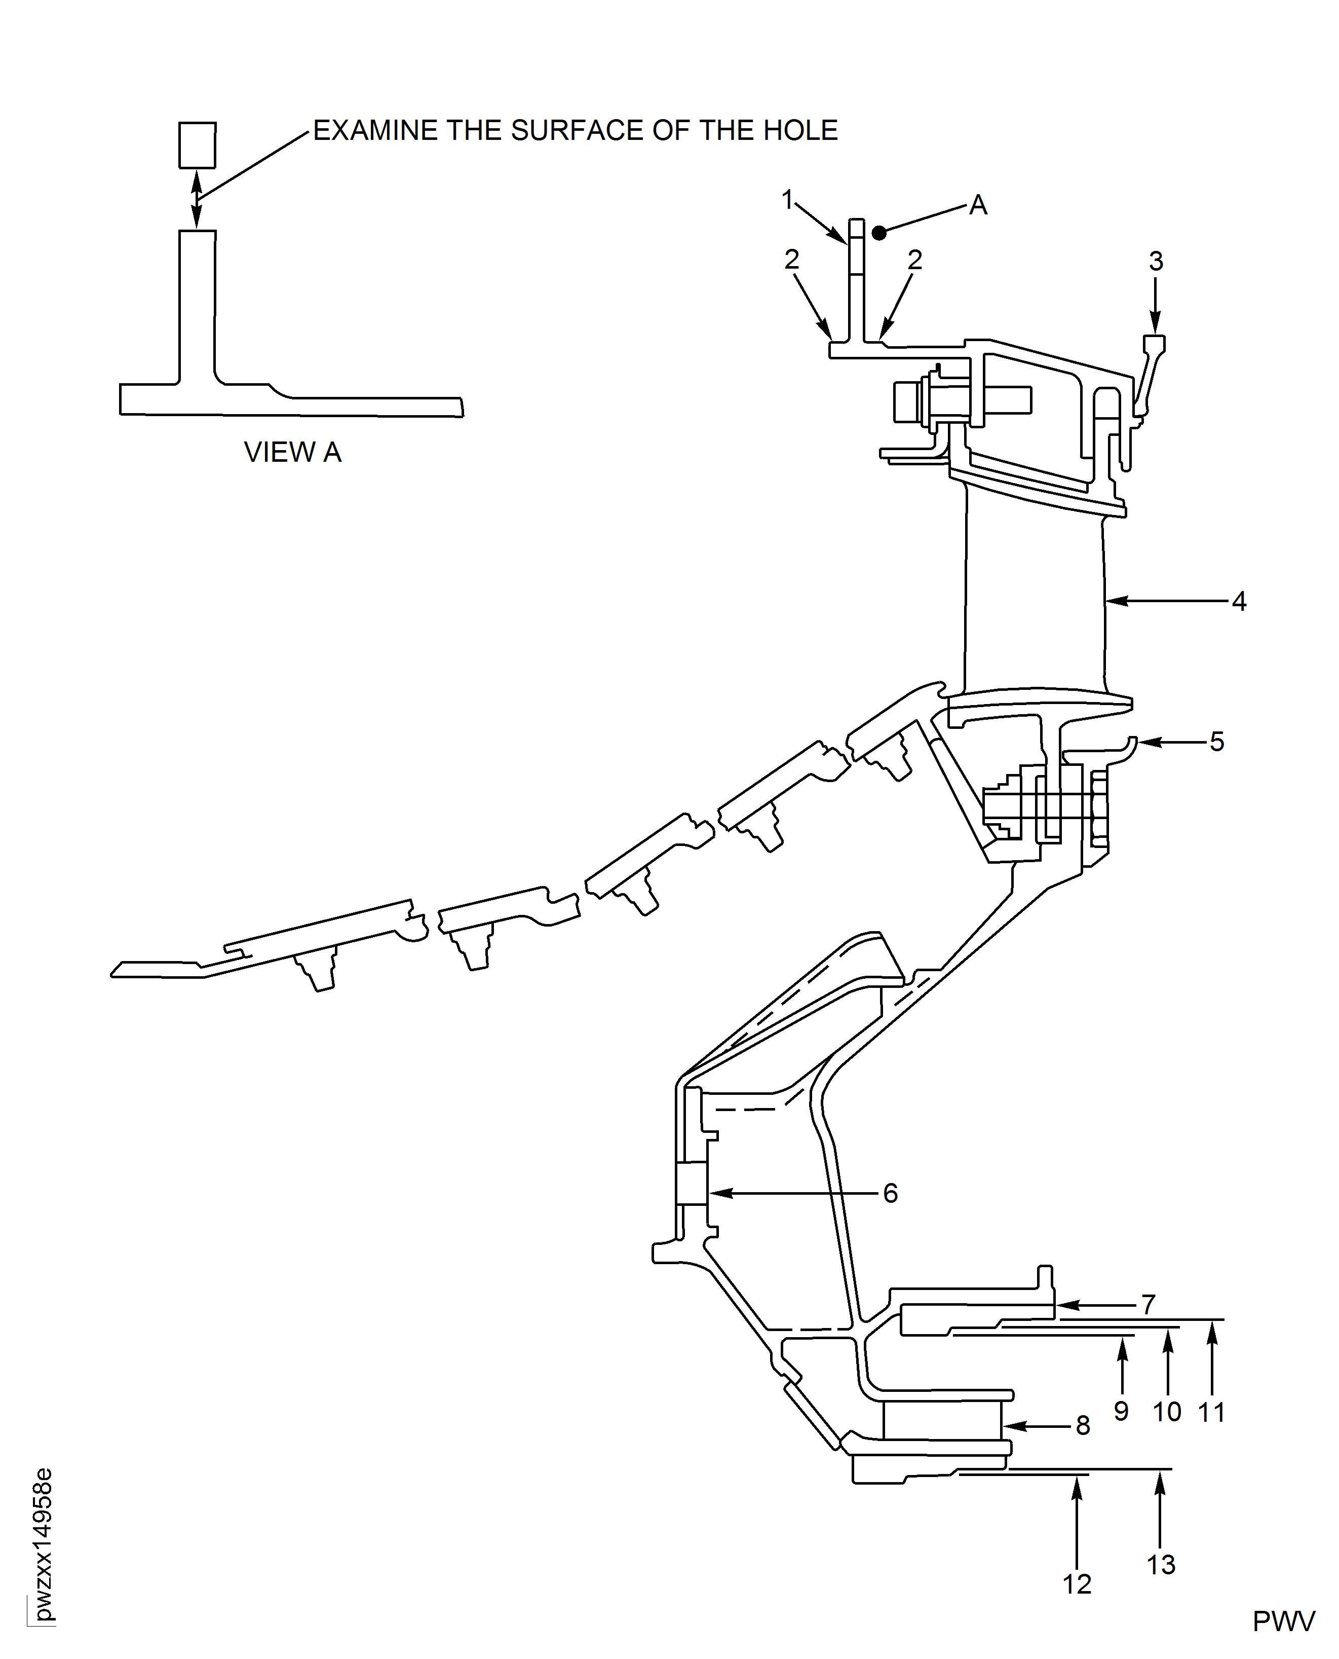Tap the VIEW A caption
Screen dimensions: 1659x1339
click(x=292, y=452)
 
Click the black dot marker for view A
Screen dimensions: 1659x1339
click(x=878, y=232)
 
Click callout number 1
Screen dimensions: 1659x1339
click(x=787, y=200)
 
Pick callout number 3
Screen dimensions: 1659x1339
click(x=1156, y=262)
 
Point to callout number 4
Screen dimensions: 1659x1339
click(x=1239, y=601)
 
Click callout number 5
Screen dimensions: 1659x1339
click(x=1216, y=742)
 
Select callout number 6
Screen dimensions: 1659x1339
click(x=890, y=1194)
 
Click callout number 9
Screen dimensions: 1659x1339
click(x=1121, y=1411)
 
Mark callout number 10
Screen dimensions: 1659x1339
click(x=1166, y=1412)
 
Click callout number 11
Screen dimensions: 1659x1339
click(x=1211, y=1412)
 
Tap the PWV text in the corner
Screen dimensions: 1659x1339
click(x=1283, y=1622)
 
